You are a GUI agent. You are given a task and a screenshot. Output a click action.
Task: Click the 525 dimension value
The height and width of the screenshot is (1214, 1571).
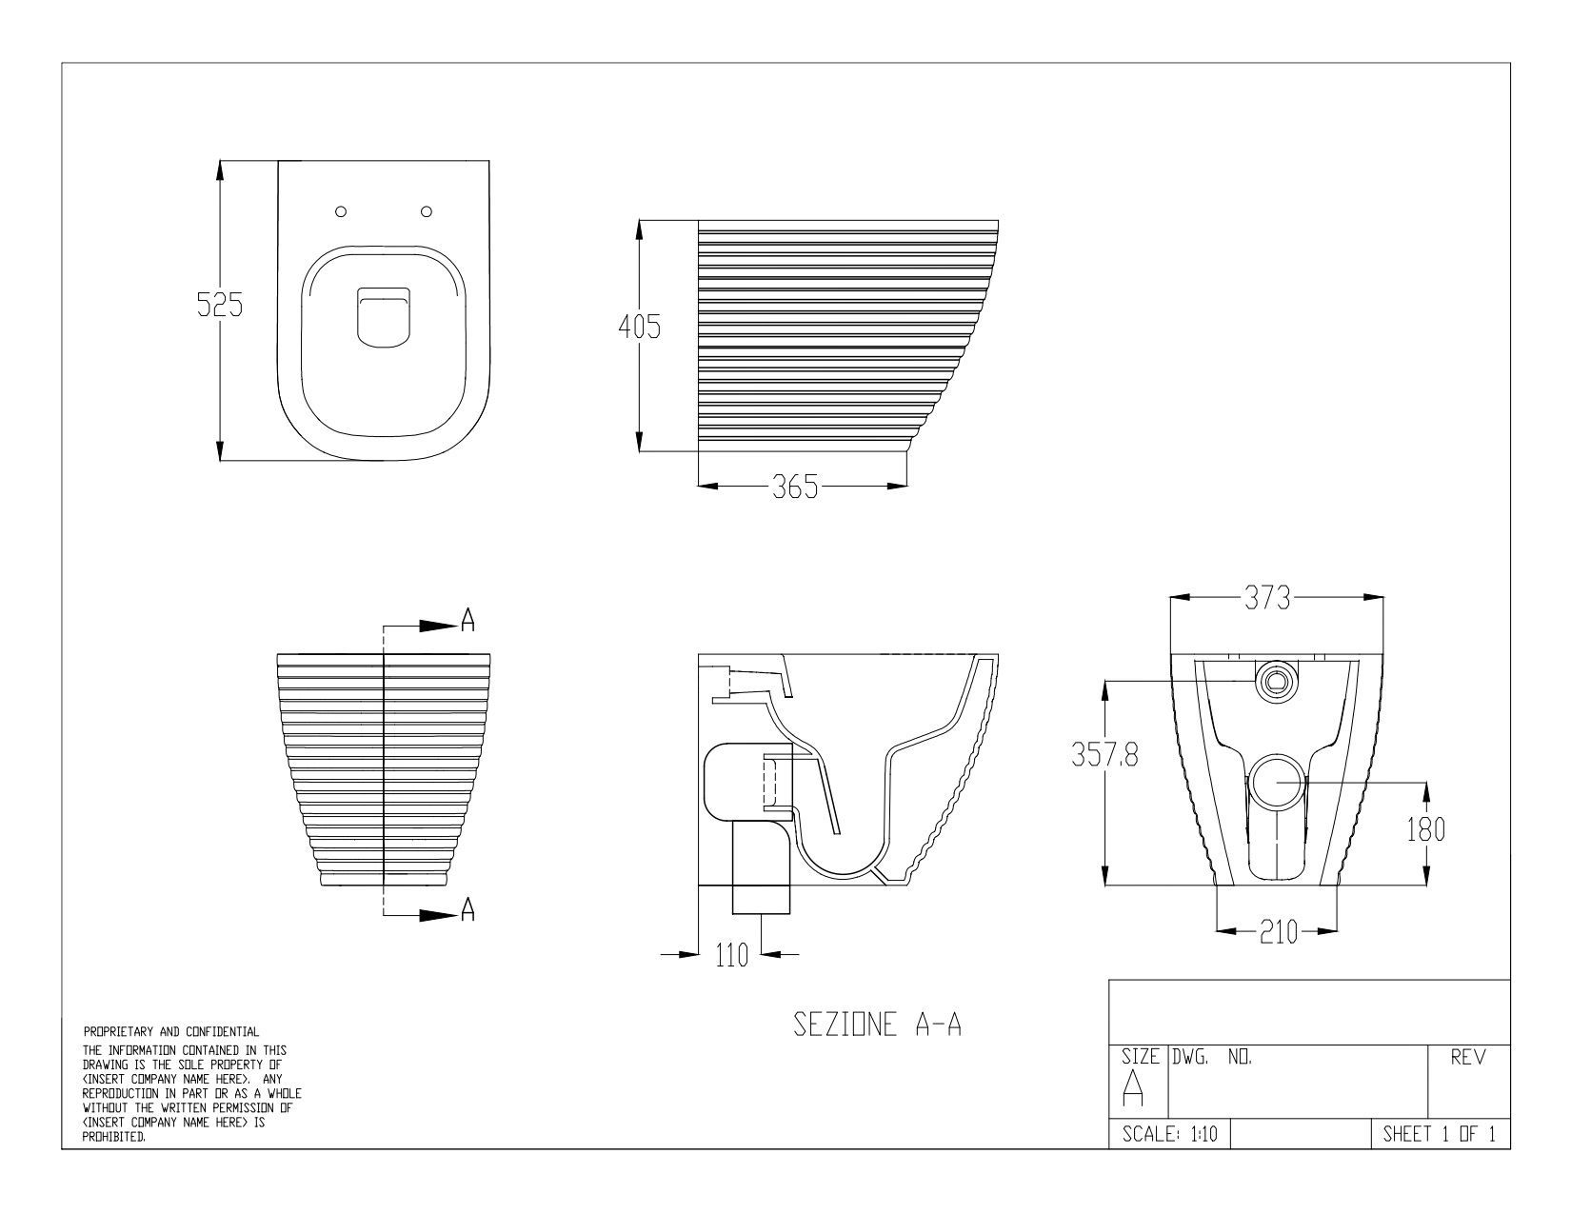pos(220,305)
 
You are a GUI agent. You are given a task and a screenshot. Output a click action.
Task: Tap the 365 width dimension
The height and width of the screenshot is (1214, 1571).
pos(795,488)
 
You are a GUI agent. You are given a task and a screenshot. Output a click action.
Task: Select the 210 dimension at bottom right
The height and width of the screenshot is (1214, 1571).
pos(1279,933)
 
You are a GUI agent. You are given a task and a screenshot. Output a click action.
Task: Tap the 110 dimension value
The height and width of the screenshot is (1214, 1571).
pos(732,954)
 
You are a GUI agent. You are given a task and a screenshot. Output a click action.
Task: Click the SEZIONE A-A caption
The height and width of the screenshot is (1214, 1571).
pos(877,1025)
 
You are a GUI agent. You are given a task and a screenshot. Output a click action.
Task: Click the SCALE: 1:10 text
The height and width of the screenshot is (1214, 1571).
pos(1168,1134)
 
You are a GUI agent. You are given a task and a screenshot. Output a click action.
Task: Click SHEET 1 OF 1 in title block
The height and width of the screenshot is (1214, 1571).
pos(1439,1134)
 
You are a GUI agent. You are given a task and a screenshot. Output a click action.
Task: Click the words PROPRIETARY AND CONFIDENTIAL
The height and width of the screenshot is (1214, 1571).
pos(171,1031)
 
